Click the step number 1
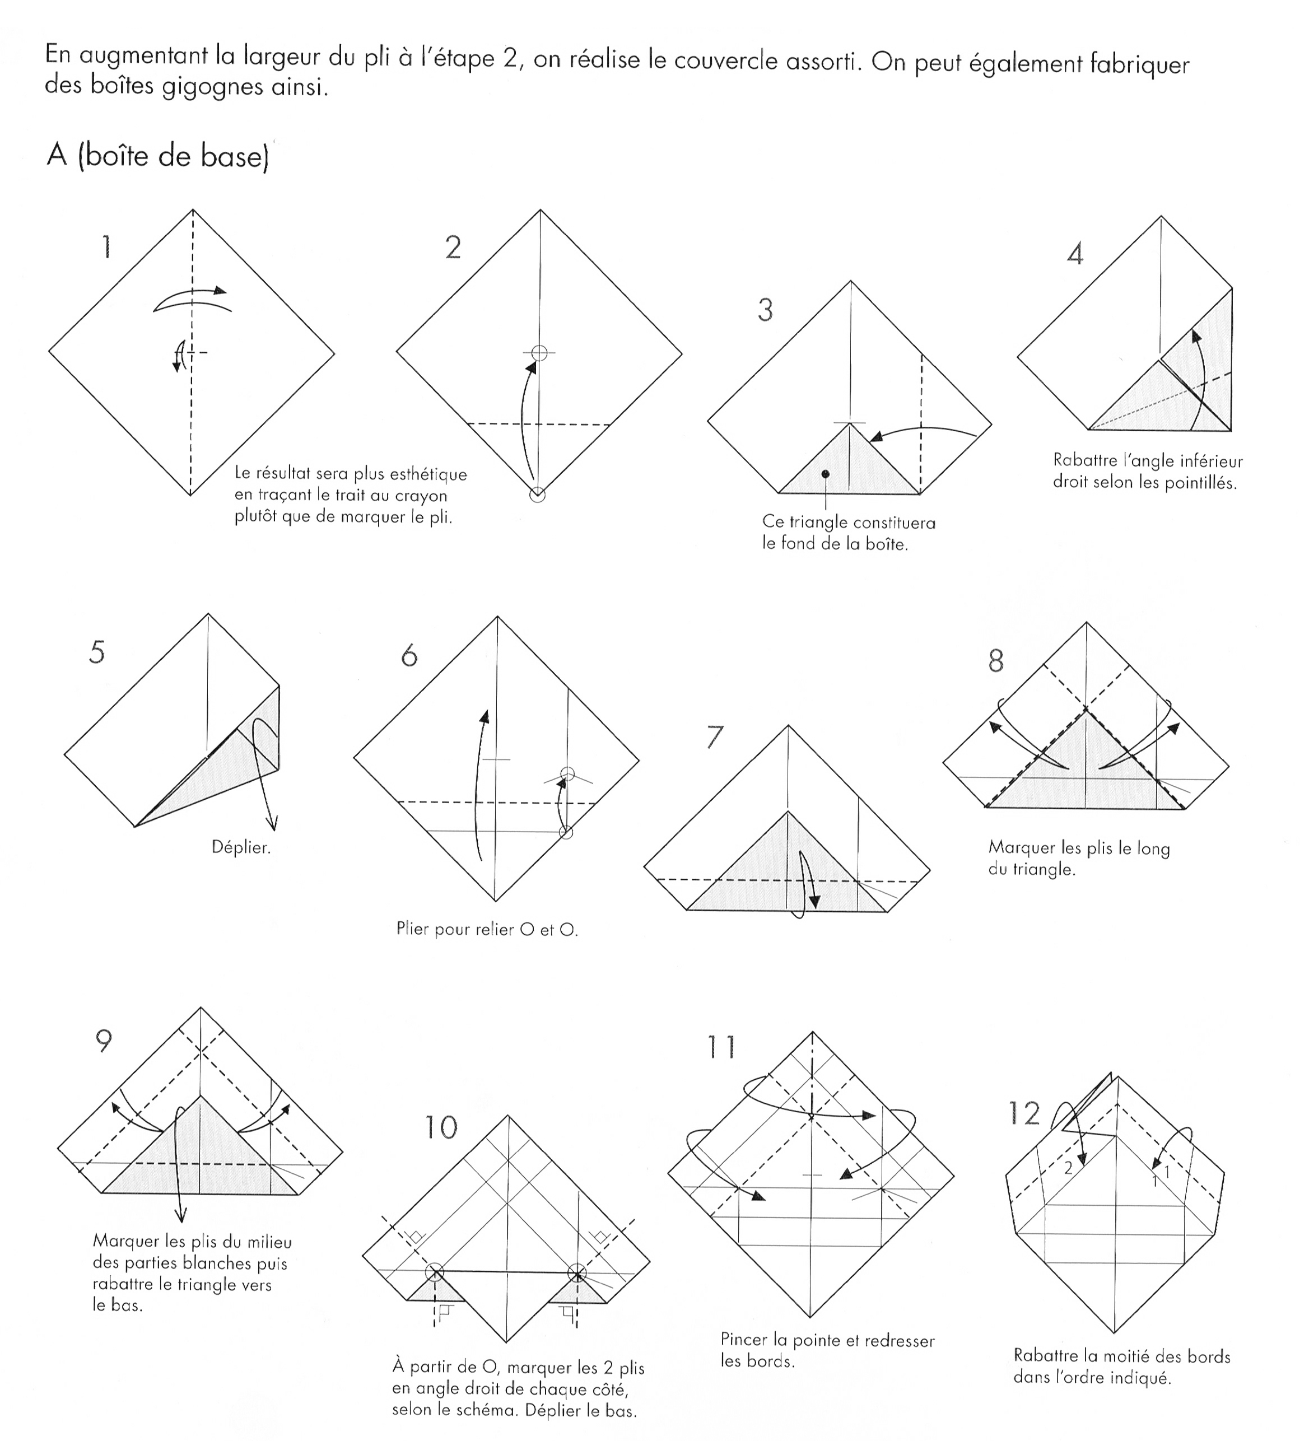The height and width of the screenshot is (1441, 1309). [106, 248]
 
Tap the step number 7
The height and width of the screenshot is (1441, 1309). [714, 737]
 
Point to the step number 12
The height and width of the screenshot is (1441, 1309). [1024, 1113]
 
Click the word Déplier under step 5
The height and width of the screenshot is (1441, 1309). [241, 848]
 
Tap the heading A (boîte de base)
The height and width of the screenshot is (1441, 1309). [157, 155]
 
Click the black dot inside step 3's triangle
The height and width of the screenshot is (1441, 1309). [826, 474]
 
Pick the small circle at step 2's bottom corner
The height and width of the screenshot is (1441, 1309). [538, 495]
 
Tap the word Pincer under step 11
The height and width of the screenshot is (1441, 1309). [743, 1340]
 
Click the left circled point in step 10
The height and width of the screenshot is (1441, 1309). [434, 1272]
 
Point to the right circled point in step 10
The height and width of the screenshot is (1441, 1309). [577, 1272]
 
